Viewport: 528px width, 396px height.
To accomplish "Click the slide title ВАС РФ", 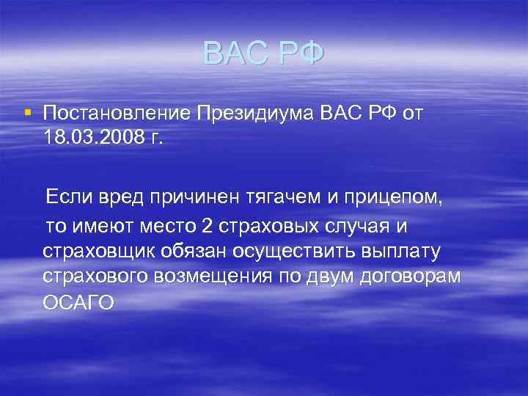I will point(263,54).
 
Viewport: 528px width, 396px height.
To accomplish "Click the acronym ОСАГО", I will point(78,303).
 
